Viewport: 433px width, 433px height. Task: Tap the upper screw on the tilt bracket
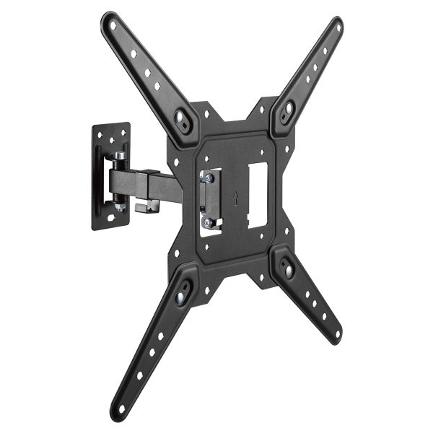[208, 178]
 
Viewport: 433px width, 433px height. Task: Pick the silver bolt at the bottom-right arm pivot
[289, 270]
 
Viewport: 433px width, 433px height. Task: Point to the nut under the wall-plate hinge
[118, 207]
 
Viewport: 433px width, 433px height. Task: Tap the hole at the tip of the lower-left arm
[121, 408]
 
